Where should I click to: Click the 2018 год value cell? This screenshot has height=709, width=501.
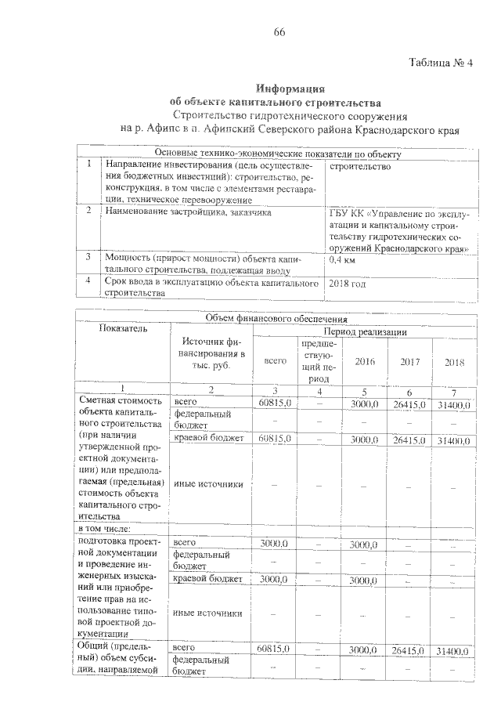348,283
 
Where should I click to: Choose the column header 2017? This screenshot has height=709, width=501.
410,361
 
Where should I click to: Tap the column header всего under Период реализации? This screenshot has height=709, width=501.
275,361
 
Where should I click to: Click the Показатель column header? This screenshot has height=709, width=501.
122,329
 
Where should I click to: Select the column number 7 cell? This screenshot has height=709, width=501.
455,391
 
